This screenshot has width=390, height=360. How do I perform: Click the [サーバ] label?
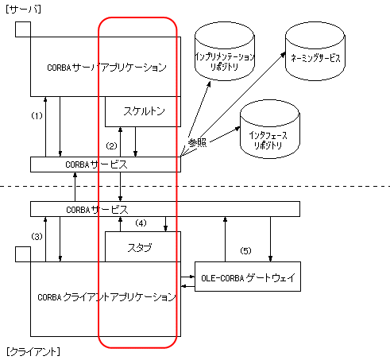click(23, 10)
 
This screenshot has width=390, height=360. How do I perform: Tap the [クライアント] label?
click(33, 352)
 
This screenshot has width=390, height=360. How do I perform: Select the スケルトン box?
click(143, 111)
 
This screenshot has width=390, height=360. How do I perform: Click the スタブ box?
click(143, 247)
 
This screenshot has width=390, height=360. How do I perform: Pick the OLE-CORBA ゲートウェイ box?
click(248, 277)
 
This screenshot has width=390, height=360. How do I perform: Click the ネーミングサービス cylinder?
click(315, 52)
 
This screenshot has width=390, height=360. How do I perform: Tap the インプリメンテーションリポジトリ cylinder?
click(225, 52)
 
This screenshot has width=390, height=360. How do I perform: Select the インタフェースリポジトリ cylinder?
click(270, 130)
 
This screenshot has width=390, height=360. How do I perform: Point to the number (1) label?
click(37, 115)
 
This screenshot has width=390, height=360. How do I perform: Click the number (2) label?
click(111, 145)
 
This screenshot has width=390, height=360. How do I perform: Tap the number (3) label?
click(37, 236)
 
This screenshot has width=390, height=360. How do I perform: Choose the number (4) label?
click(141, 223)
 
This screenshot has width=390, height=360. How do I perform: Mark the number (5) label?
click(245, 250)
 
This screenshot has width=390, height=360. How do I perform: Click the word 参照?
click(197, 142)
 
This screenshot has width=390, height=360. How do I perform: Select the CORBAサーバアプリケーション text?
click(106, 68)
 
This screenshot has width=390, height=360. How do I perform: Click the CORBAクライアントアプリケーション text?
click(106, 297)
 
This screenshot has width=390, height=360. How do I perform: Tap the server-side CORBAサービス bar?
click(106, 165)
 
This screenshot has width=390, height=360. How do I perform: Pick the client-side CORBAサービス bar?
click(165, 209)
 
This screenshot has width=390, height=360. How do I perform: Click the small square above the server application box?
click(23, 29)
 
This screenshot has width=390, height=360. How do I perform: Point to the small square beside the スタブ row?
click(23, 254)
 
